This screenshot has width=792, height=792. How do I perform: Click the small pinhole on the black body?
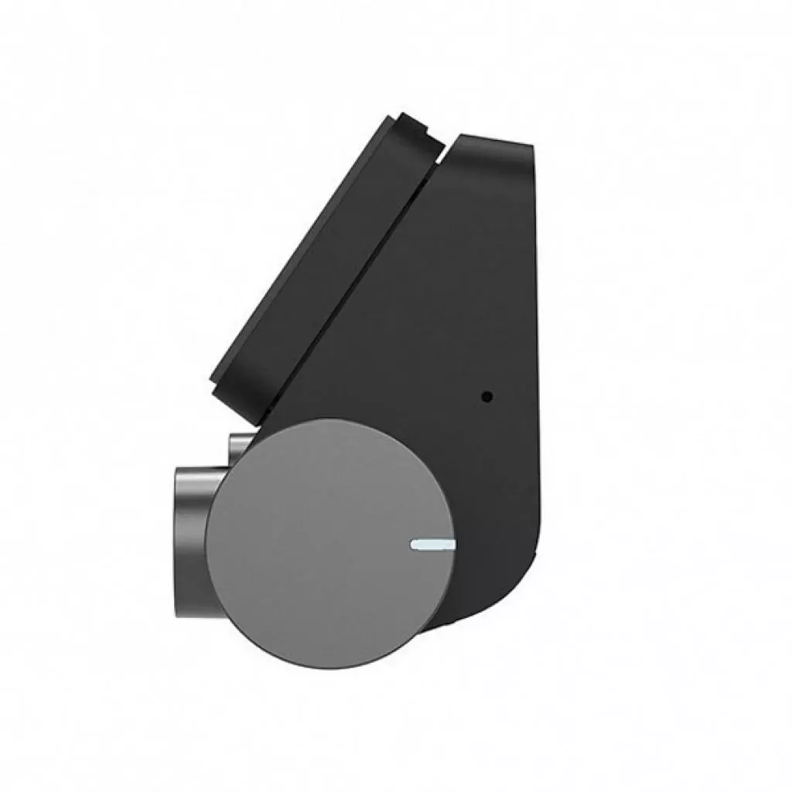click(486, 398)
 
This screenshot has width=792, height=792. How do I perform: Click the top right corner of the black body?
click(532, 145)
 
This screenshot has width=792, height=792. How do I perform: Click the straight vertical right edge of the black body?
click(535, 348)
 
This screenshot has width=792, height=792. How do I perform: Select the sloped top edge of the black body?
click(495, 138)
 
